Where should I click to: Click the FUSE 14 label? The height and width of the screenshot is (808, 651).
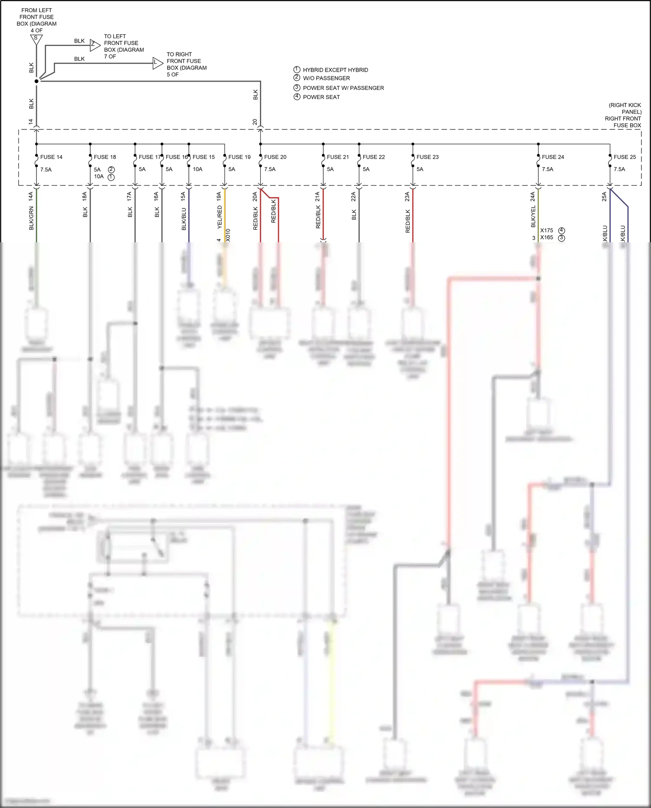(51, 157)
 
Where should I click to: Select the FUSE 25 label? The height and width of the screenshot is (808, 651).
(625, 157)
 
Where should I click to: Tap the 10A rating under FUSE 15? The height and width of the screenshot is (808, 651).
(197, 169)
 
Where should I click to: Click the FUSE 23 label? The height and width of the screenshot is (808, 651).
(427, 157)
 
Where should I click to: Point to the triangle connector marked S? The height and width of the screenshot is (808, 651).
(36, 39)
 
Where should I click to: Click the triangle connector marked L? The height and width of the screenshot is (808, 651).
(157, 63)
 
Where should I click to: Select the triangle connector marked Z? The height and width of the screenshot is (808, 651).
(94, 44)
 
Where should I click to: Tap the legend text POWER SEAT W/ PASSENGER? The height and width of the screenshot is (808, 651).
(343, 88)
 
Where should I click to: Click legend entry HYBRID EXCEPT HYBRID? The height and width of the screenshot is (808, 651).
(335, 70)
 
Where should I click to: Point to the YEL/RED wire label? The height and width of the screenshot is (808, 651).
(220, 217)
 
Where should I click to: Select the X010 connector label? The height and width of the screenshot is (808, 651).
(228, 235)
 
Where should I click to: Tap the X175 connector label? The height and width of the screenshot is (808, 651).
(546, 231)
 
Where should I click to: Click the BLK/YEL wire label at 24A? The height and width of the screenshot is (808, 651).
(533, 216)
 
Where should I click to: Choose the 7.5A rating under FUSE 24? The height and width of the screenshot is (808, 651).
(547, 169)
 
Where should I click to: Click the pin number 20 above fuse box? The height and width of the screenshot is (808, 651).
(255, 122)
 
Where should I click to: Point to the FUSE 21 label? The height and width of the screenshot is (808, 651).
(338, 157)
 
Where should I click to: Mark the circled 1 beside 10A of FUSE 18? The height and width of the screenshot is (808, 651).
(111, 177)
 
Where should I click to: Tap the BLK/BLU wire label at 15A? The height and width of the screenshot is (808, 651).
(184, 219)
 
